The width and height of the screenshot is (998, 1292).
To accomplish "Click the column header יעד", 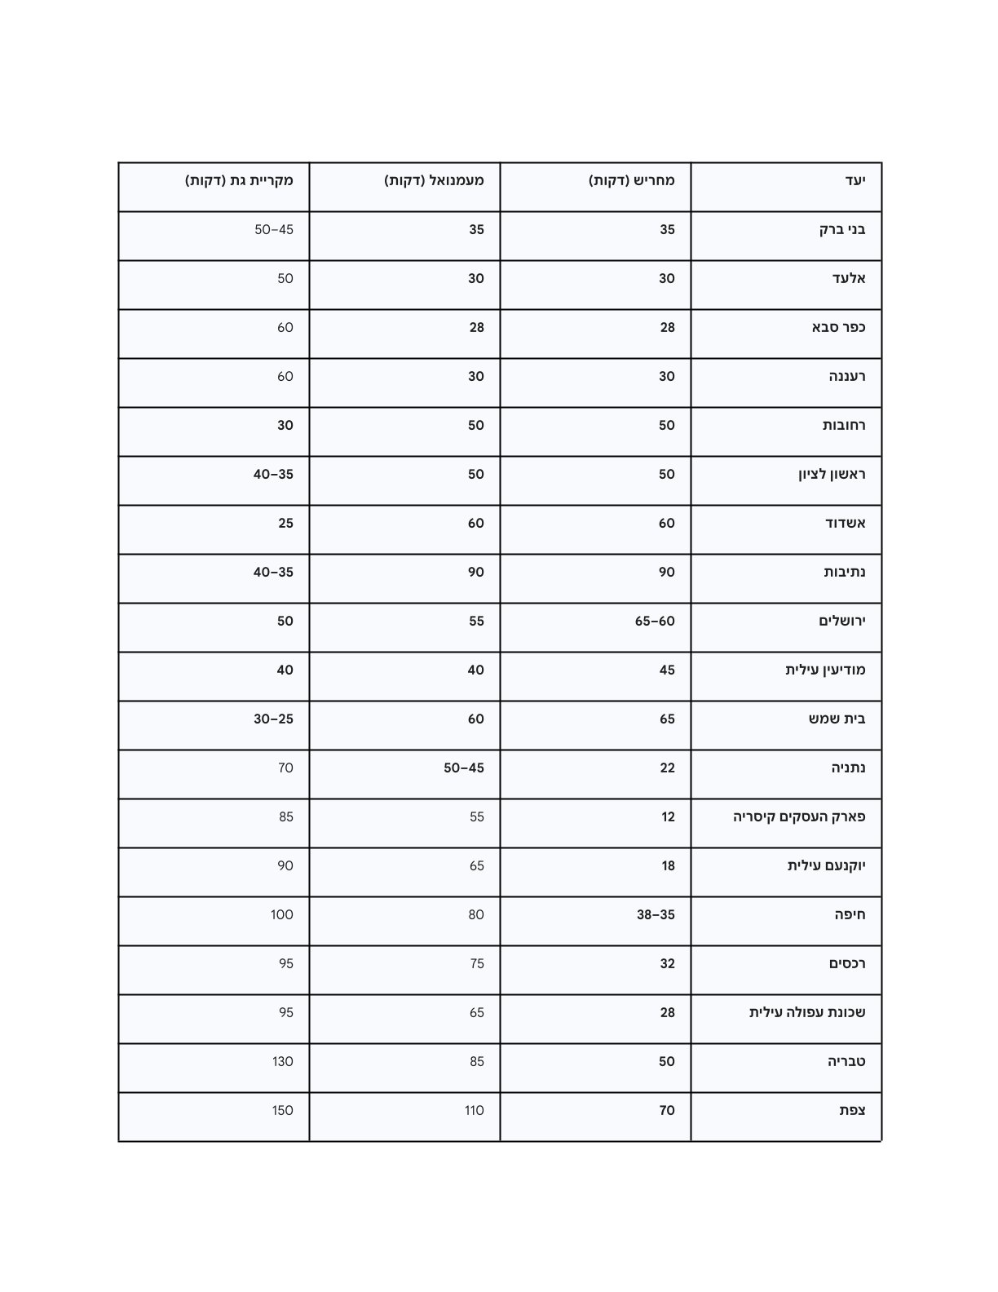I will coord(854,180).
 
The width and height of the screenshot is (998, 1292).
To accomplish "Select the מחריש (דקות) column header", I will coord(632,180).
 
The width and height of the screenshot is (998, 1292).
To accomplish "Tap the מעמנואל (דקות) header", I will coord(434,180).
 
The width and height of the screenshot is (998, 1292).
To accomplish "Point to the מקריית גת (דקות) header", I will coord(239,180).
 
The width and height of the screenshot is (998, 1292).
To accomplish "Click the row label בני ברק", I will coord(842,229).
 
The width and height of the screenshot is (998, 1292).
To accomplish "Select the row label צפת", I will coord(852,1110).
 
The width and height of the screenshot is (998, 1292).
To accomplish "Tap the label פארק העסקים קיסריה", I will coord(799,816).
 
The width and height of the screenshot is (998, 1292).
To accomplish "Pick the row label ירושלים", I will coord(842,621).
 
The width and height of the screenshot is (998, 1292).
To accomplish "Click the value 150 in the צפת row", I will coord(282,1110).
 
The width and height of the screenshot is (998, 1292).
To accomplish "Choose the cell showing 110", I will coord(474,1110).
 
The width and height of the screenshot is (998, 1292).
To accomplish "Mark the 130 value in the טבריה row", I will coord(282,1061).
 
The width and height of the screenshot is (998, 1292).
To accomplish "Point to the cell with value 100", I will coord(282,914).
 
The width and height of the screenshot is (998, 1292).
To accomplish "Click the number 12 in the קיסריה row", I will coord(668,816).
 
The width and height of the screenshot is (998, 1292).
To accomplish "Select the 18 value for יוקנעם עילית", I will coord(668,865).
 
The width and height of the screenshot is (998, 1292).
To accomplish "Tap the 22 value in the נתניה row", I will coord(667,768).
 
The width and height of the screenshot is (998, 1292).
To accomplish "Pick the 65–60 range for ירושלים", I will coord(655,621).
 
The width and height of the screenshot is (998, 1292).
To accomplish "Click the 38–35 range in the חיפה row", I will coord(656,914).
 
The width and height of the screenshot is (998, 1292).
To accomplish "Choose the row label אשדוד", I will coord(846,523).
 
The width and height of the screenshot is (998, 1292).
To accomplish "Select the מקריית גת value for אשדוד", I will coord(285,523).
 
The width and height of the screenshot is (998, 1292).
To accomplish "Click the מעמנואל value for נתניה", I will coord(464,768).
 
